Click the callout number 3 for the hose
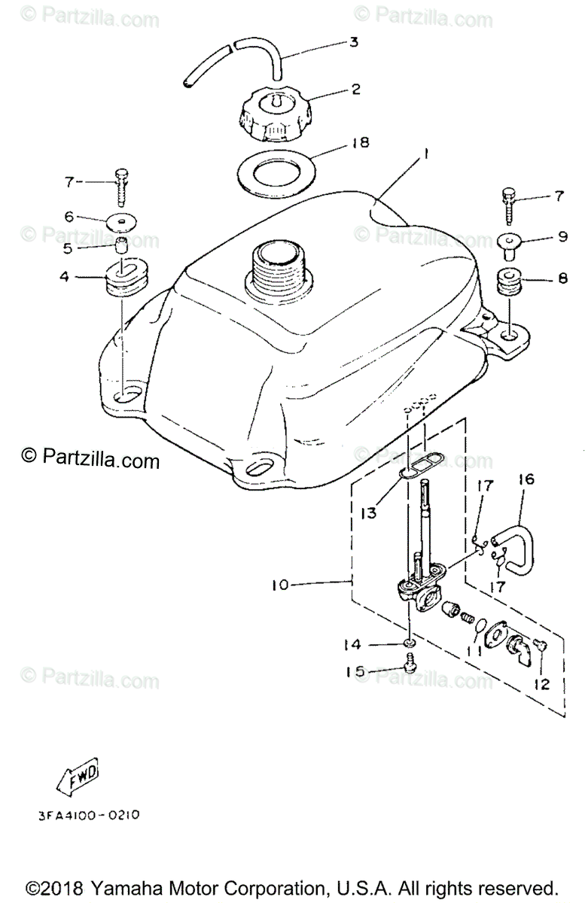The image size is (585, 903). pyautogui.click(x=354, y=42)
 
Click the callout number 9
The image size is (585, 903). pyautogui.click(x=562, y=237)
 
